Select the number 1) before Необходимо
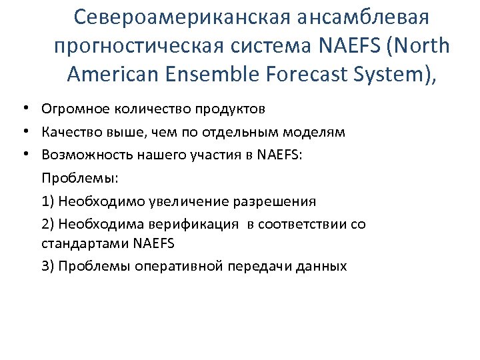(x=48, y=201)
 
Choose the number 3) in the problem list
(x=48, y=266)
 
